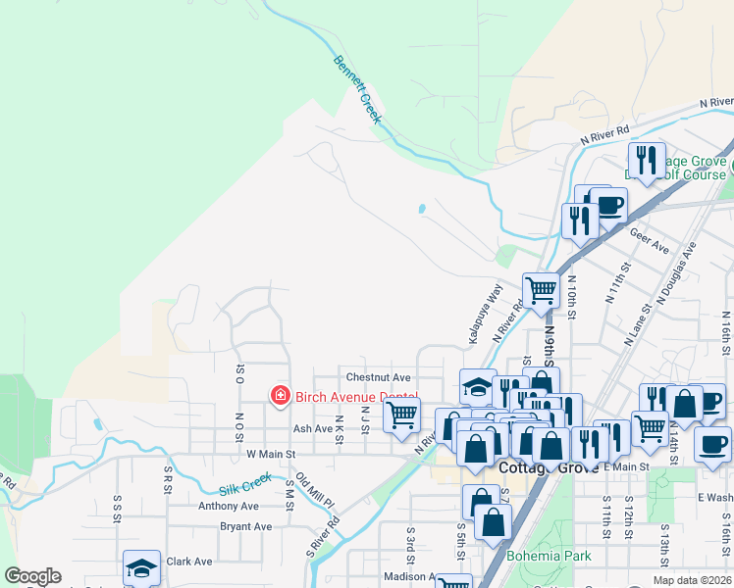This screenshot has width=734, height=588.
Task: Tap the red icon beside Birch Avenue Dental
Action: pyautogui.click(x=281, y=396)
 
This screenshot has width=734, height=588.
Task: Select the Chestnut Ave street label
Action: pyautogui.click(x=378, y=377)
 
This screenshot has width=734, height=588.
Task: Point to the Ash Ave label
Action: pyautogui.click(x=313, y=428)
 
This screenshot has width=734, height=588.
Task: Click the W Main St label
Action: pyautogui.click(x=271, y=455)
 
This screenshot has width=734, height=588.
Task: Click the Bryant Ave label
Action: pyautogui.click(x=245, y=526)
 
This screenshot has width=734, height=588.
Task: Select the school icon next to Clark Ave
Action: pyautogui.click(x=141, y=567)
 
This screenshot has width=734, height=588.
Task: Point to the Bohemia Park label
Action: pyautogui.click(x=549, y=556)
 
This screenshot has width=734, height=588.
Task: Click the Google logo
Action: pyautogui.click(x=31, y=576)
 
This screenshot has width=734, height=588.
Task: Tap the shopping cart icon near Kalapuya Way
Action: pyautogui.click(x=540, y=289)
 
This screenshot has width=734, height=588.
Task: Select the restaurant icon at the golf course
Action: pyautogui.click(x=646, y=159)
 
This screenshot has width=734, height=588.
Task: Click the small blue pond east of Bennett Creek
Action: pyautogui.click(x=421, y=209)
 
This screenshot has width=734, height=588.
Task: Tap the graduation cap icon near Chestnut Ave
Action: pyautogui.click(x=478, y=386)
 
